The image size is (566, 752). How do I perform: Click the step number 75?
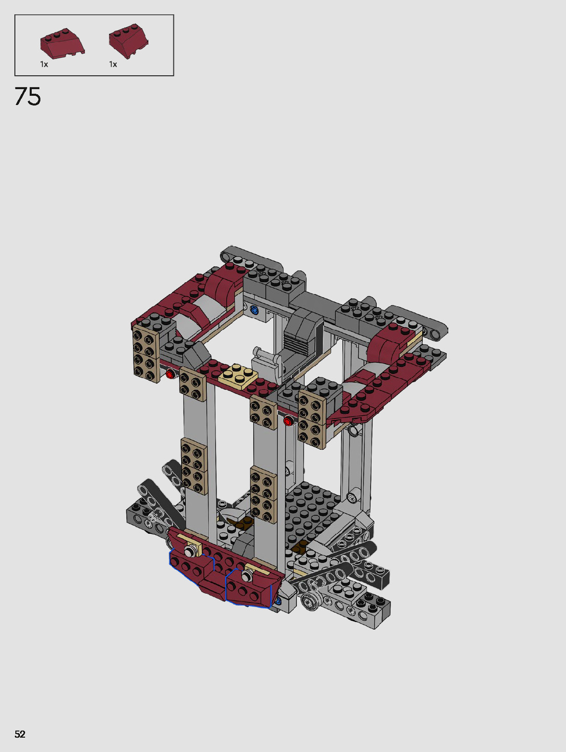[x=28, y=96]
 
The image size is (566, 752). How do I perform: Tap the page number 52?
[x=20, y=734]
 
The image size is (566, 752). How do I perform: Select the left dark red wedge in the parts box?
[x=62, y=44]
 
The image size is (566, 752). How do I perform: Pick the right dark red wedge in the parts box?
[x=128, y=41]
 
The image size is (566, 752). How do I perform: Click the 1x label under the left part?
[x=44, y=65]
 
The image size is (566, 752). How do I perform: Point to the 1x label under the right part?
[x=113, y=65]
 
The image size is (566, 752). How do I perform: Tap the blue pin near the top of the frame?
[x=254, y=310]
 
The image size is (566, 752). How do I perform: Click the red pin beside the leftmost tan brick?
[x=170, y=374]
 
